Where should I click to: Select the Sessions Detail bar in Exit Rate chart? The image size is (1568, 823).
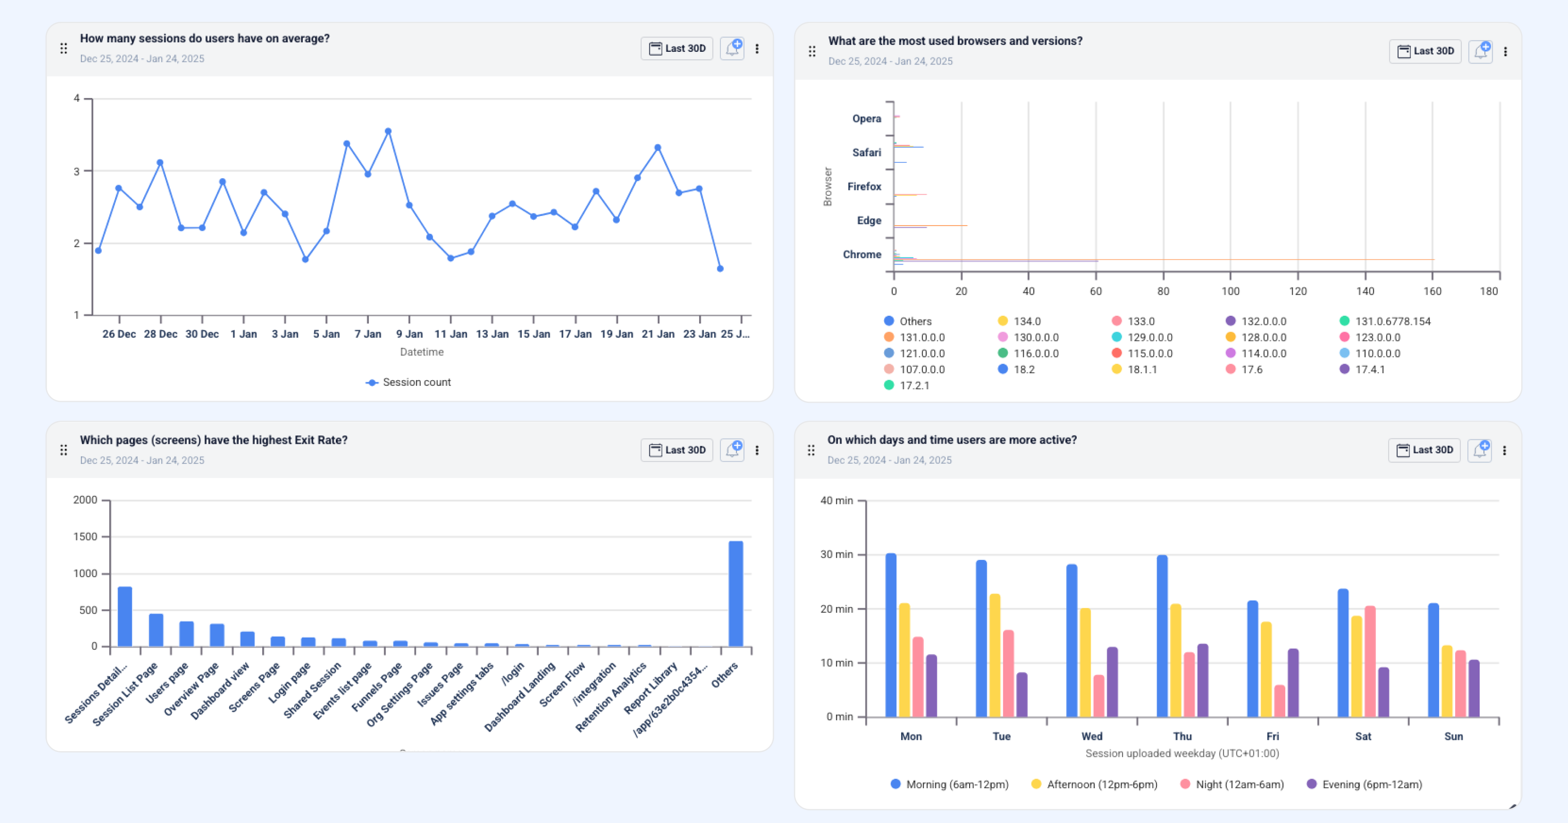(x=125, y=616)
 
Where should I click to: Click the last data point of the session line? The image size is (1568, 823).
(x=720, y=268)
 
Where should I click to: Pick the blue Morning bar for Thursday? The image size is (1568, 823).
(x=1162, y=636)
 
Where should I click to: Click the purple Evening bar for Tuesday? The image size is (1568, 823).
(x=1021, y=695)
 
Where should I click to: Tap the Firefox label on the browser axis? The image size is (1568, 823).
(x=864, y=186)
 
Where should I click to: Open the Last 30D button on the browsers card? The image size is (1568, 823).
(x=1425, y=51)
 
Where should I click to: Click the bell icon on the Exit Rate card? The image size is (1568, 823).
(x=732, y=450)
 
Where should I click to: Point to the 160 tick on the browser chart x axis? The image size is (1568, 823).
(x=1432, y=291)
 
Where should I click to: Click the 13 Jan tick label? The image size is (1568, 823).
(x=492, y=334)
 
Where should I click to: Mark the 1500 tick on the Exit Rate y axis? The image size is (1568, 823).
(x=85, y=536)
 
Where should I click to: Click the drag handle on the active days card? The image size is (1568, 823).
(x=811, y=450)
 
